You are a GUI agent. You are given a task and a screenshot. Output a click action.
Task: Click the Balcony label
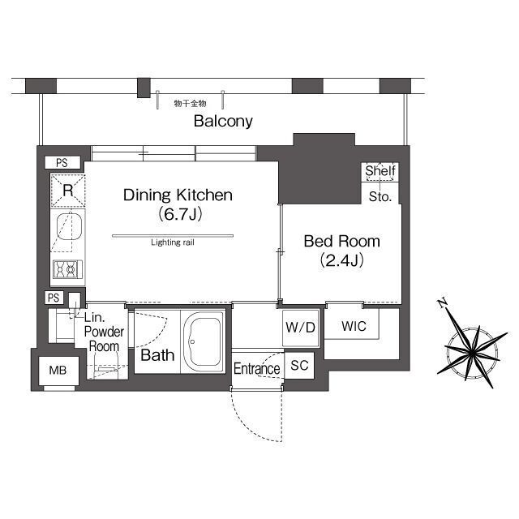[x=223, y=121]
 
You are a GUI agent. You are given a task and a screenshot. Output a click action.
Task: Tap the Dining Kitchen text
[x=178, y=195]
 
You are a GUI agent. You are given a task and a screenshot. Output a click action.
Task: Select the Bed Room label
[x=341, y=242]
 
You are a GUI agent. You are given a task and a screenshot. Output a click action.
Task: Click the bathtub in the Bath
[x=204, y=341]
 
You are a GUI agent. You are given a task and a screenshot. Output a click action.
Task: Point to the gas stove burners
[x=67, y=269]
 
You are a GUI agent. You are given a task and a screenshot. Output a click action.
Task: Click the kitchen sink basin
[x=69, y=226]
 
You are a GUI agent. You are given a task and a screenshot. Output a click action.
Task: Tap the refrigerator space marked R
[x=68, y=191]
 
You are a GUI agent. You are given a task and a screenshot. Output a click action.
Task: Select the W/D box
[x=301, y=328]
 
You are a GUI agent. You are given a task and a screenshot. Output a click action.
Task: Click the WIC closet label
[x=354, y=326]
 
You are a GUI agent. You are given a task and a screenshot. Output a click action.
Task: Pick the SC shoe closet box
[x=299, y=365]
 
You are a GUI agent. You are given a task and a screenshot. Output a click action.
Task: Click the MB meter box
[x=58, y=371]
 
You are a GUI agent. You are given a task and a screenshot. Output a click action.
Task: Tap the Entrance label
[x=257, y=369]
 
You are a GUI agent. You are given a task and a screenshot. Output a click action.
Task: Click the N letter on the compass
[x=441, y=302]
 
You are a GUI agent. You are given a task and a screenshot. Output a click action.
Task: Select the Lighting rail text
[x=173, y=242]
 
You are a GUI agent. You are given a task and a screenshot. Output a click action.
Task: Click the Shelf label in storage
[x=380, y=171]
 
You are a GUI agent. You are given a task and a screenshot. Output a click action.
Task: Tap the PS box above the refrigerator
[x=62, y=163]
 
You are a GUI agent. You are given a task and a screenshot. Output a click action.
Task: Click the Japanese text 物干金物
[x=190, y=103]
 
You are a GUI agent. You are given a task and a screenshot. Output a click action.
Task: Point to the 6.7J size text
[x=180, y=215]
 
